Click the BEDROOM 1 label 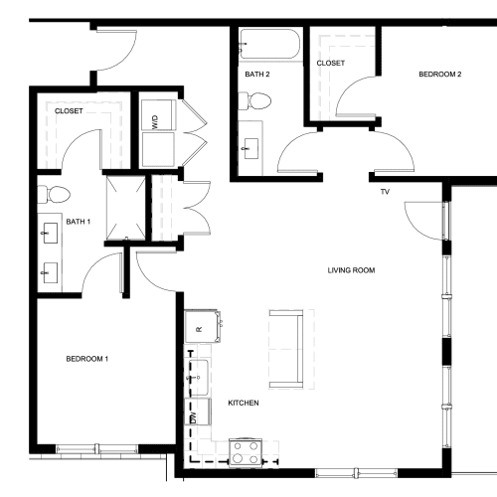click(87, 359)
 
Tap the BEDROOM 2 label click(440, 75)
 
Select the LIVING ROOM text click(351, 270)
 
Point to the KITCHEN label click(244, 403)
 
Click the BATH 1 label click(79, 222)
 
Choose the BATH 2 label click(257, 75)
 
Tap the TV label click(385, 192)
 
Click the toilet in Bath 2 click(254, 100)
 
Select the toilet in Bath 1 click(54, 194)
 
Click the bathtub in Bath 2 click(270, 44)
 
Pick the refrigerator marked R click(202, 326)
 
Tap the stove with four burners click(246, 452)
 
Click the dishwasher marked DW click(198, 412)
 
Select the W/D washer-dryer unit click(158, 132)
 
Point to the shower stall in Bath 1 click(126, 208)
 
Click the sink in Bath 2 click(251, 148)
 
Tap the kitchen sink click(199, 378)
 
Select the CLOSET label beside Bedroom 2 click(331, 63)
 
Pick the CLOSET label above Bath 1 click(69, 111)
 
